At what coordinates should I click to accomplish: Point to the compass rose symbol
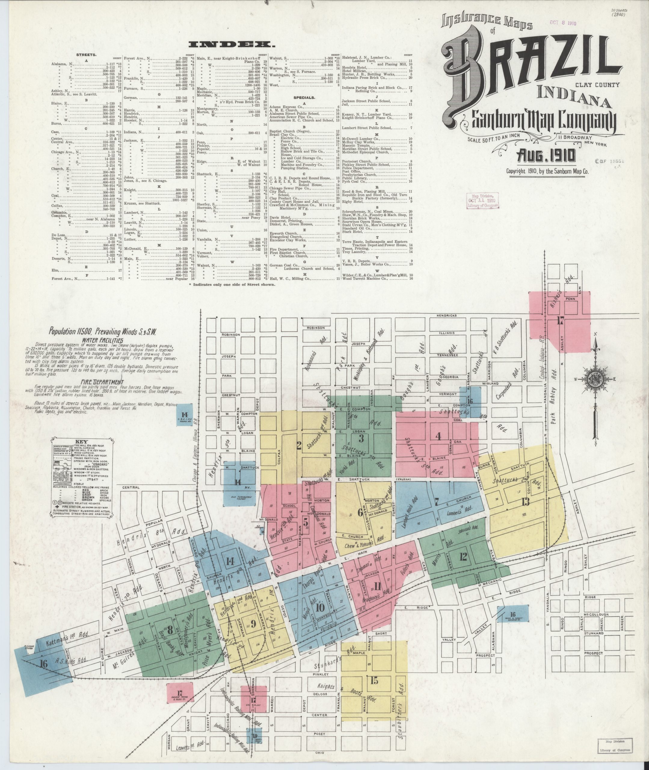594,379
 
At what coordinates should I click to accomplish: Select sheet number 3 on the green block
361,438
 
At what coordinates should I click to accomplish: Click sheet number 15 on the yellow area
374,680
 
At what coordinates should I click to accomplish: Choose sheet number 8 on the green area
170,630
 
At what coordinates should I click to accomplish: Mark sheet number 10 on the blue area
320,607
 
